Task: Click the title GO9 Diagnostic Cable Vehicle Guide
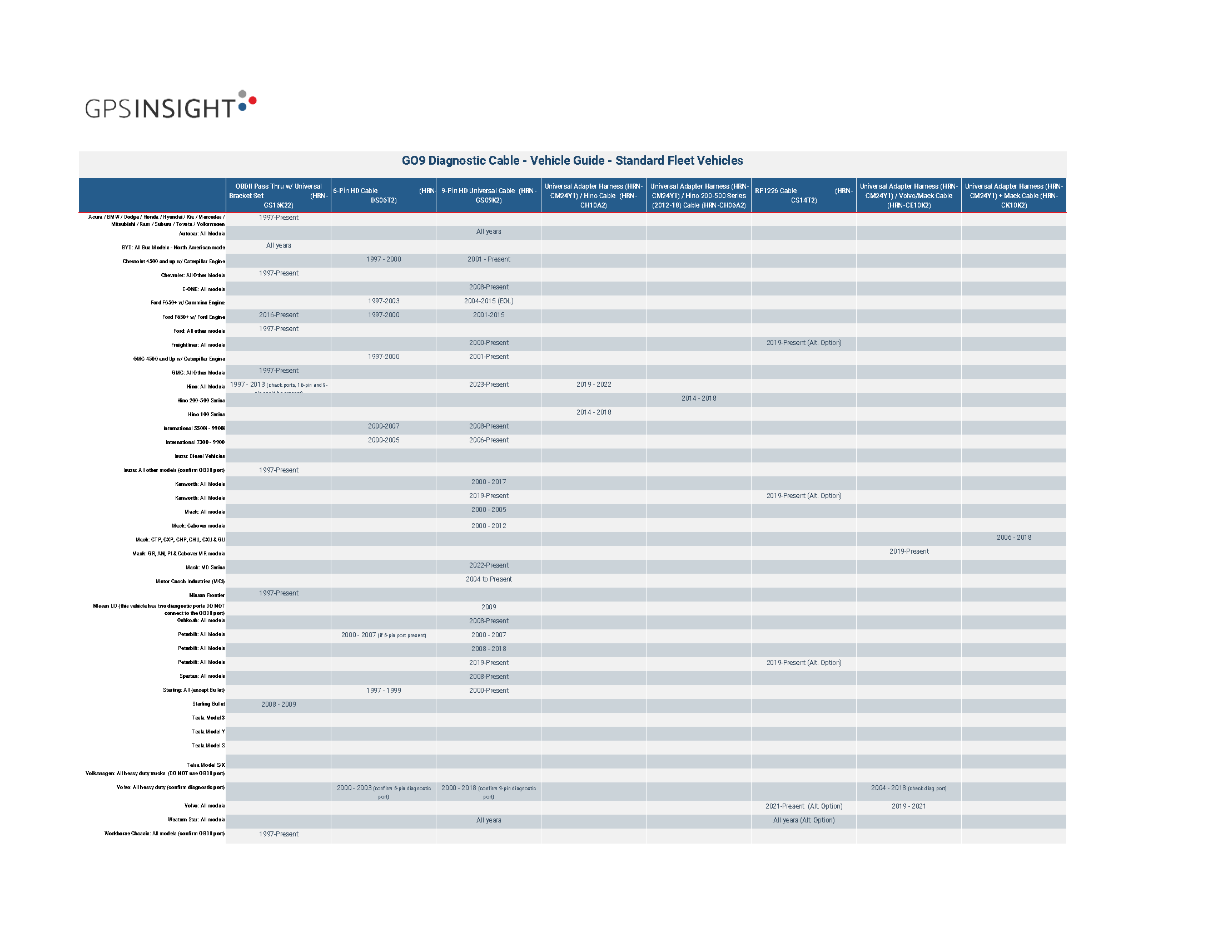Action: (571, 161)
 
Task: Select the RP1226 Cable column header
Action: (803, 195)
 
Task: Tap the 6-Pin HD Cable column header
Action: (383, 195)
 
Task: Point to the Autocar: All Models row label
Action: (202, 234)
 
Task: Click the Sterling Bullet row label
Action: (208, 704)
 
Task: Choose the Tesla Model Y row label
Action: (208, 732)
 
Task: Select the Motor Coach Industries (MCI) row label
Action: (190, 582)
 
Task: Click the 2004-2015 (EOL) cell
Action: (488, 302)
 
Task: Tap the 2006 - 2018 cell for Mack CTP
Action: (1013, 538)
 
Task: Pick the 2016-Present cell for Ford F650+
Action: (279, 315)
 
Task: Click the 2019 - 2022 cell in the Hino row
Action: (594, 385)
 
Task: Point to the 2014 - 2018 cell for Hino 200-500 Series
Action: (698, 398)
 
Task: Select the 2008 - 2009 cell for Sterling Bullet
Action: (279, 704)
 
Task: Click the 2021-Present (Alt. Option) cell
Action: (804, 806)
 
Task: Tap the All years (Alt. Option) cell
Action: (804, 820)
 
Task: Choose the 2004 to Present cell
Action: (488, 579)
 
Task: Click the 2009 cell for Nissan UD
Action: (488, 607)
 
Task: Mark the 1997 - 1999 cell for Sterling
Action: (383, 691)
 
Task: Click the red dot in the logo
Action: (252, 100)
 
